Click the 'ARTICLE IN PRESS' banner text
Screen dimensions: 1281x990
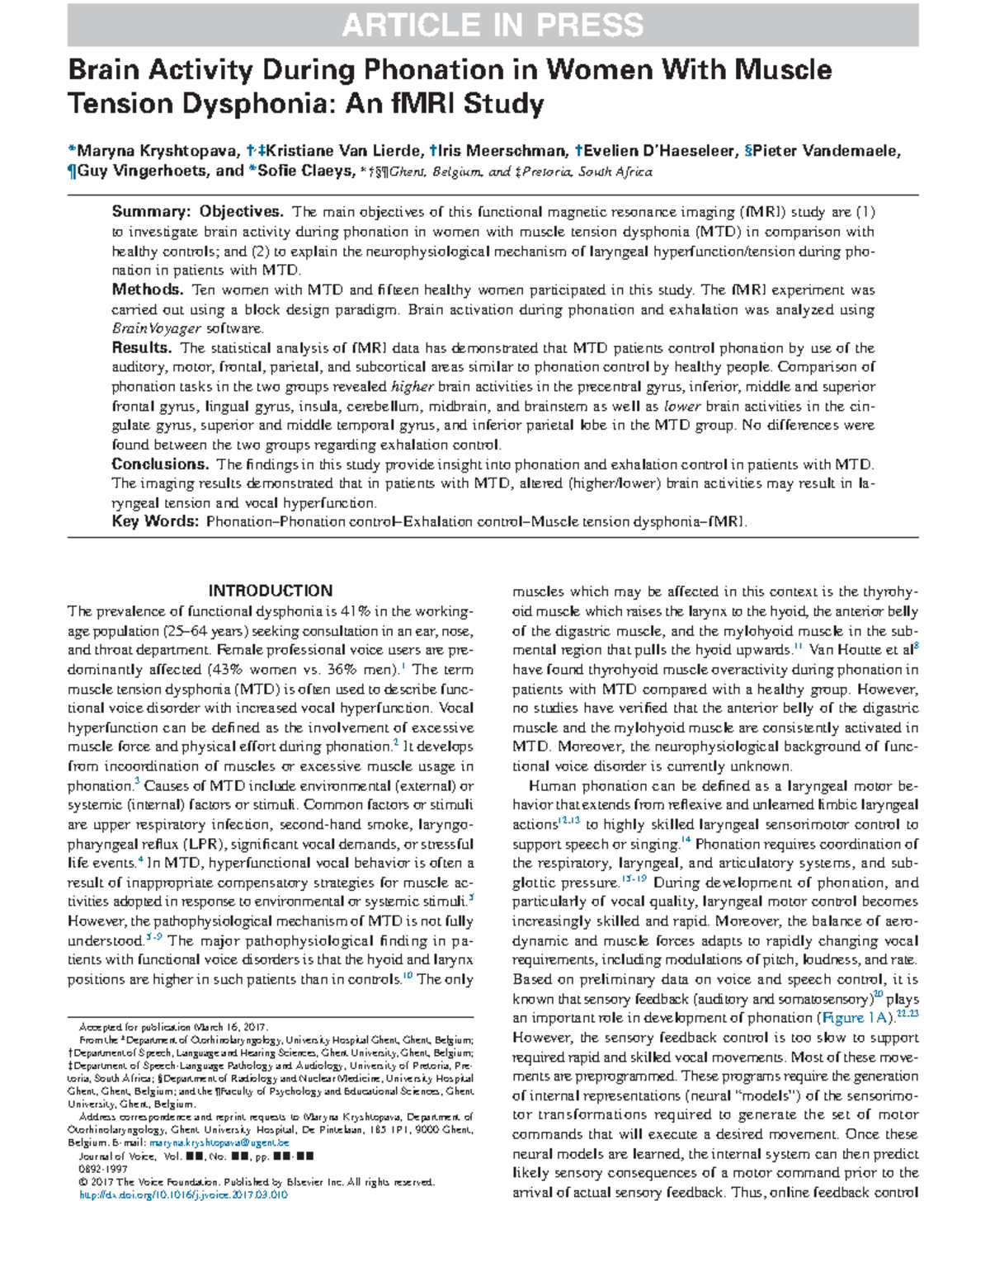click(493, 26)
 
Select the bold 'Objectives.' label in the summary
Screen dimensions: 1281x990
click(241, 212)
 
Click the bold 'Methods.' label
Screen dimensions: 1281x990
click(148, 290)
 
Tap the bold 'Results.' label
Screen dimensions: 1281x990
click(142, 347)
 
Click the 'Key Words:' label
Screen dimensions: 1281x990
click(155, 521)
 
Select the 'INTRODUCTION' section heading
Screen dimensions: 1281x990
click(271, 591)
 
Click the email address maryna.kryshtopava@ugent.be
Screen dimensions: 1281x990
click(219, 1143)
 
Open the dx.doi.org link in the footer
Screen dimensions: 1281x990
click(182, 1194)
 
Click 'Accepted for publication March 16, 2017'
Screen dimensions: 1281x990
click(173, 1027)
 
